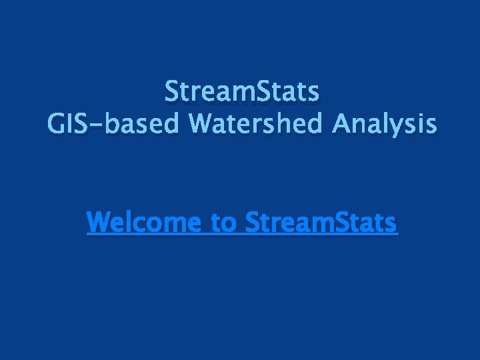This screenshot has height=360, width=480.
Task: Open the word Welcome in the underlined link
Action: [x=145, y=222]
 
